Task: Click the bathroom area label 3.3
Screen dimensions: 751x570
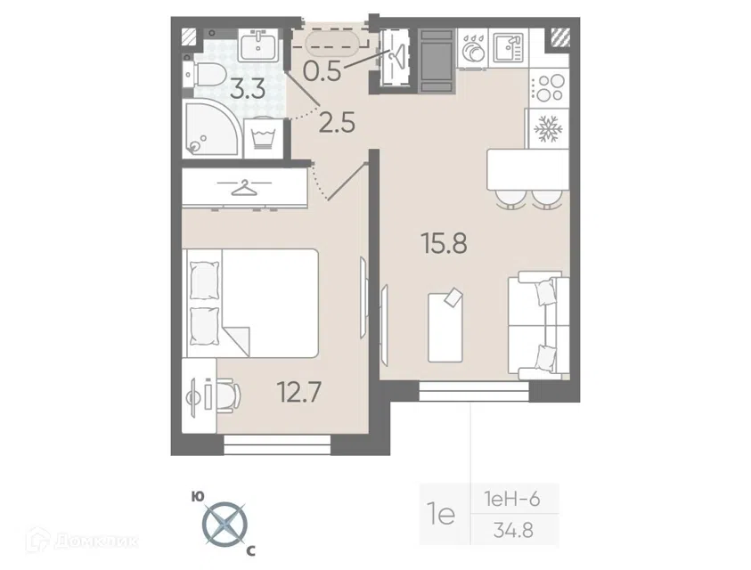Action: coord(248,89)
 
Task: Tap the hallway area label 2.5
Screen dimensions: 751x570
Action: coord(337,123)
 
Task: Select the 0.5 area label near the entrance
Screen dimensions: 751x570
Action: coord(322,71)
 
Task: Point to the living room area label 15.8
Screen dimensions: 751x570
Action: coord(444,243)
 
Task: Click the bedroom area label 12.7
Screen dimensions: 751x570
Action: coord(299,392)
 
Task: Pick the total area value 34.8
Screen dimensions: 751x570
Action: coord(514,531)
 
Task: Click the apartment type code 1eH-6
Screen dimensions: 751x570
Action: coord(512,500)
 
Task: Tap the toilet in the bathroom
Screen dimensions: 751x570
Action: coord(206,75)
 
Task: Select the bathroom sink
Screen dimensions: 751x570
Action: coord(257,44)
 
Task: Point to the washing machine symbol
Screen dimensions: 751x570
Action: coord(262,137)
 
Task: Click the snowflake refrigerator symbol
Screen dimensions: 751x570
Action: coord(547,128)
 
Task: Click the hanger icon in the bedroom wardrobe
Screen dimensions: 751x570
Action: coord(244,187)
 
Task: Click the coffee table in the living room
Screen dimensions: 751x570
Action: coord(445,326)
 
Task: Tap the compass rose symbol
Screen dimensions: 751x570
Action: coord(224,525)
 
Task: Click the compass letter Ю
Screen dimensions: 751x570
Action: coord(196,496)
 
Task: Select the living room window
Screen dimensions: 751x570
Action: coord(474,391)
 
